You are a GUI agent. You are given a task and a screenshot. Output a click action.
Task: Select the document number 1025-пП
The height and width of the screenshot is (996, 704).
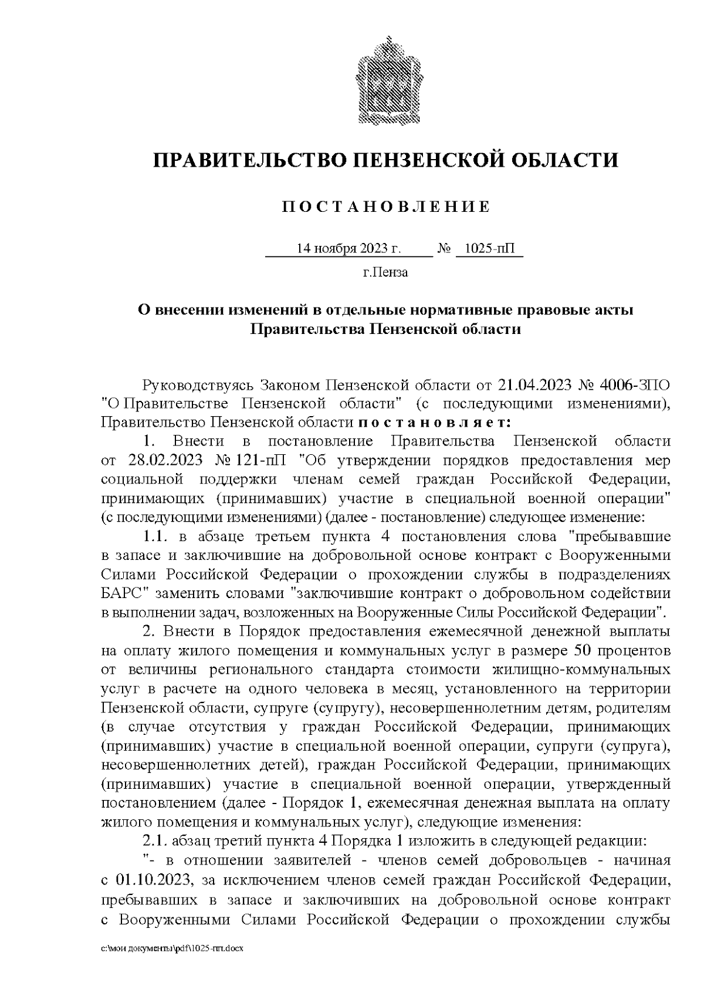point(488,249)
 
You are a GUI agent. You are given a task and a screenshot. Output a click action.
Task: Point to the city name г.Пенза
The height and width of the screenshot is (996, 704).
point(385,272)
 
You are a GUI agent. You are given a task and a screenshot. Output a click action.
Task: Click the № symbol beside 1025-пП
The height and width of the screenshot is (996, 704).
point(444,249)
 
